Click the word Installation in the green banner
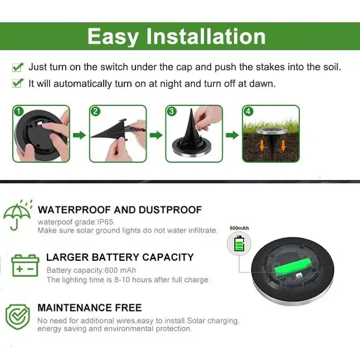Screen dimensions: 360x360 206,37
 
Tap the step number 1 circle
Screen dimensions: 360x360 18,111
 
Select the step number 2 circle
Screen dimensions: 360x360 95,111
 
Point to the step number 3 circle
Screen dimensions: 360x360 172,111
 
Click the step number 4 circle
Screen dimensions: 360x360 248,111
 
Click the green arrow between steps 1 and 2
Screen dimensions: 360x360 79,135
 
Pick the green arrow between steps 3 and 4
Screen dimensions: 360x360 232,135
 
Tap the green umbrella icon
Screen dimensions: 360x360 17,215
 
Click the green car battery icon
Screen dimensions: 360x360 25,265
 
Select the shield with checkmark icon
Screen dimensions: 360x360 18,317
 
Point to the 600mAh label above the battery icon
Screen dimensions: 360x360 239,228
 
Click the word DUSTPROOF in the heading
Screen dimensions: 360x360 170,210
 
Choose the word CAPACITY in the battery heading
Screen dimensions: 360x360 168,257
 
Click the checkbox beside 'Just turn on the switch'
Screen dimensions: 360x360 17,67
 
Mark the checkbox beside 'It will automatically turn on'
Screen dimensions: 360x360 17,83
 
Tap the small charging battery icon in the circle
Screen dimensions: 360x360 239,244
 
